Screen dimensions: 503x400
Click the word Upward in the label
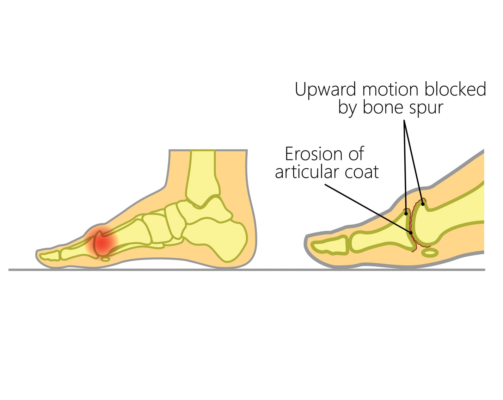(x=325, y=90)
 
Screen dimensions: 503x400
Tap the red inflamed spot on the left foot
(x=103, y=243)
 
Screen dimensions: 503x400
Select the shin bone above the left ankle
(x=202, y=173)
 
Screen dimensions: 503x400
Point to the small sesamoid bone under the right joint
(x=430, y=252)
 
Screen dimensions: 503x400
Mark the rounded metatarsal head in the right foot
(x=425, y=225)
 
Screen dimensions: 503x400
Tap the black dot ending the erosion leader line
(x=411, y=232)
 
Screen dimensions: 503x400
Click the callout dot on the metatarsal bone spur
(x=423, y=204)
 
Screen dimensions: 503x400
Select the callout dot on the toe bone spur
(x=406, y=213)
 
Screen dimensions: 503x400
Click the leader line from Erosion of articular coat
(x=367, y=208)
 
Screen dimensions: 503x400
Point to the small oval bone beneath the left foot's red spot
(x=105, y=259)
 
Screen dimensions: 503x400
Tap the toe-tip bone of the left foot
(x=49, y=256)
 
